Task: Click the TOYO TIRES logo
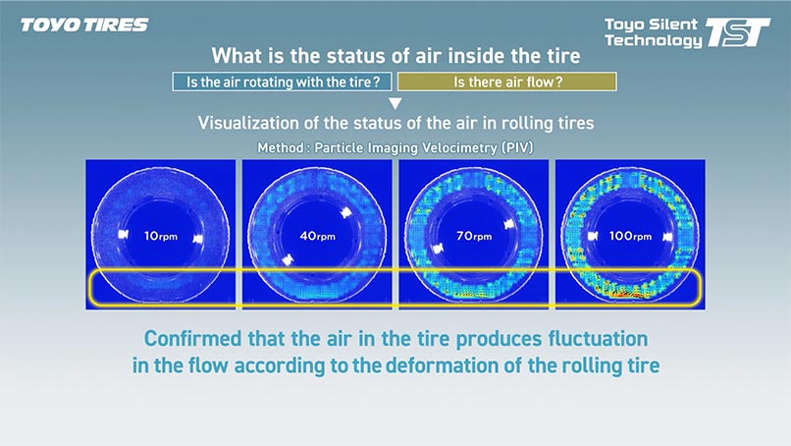[84, 25]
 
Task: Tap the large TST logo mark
[738, 32]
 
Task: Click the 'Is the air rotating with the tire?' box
[282, 82]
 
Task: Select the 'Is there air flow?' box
[507, 82]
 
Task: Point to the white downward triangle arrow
[395, 103]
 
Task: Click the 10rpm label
[160, 236]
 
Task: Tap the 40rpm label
[317, 236]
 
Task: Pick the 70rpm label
[474, 236]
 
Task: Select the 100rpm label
[630, 236]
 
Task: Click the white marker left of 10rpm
[123, 234]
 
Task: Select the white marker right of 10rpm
[198, 238]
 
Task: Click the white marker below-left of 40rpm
[287, 259]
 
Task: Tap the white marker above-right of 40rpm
[346, 212]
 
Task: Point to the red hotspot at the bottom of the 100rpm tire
[628, 293]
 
